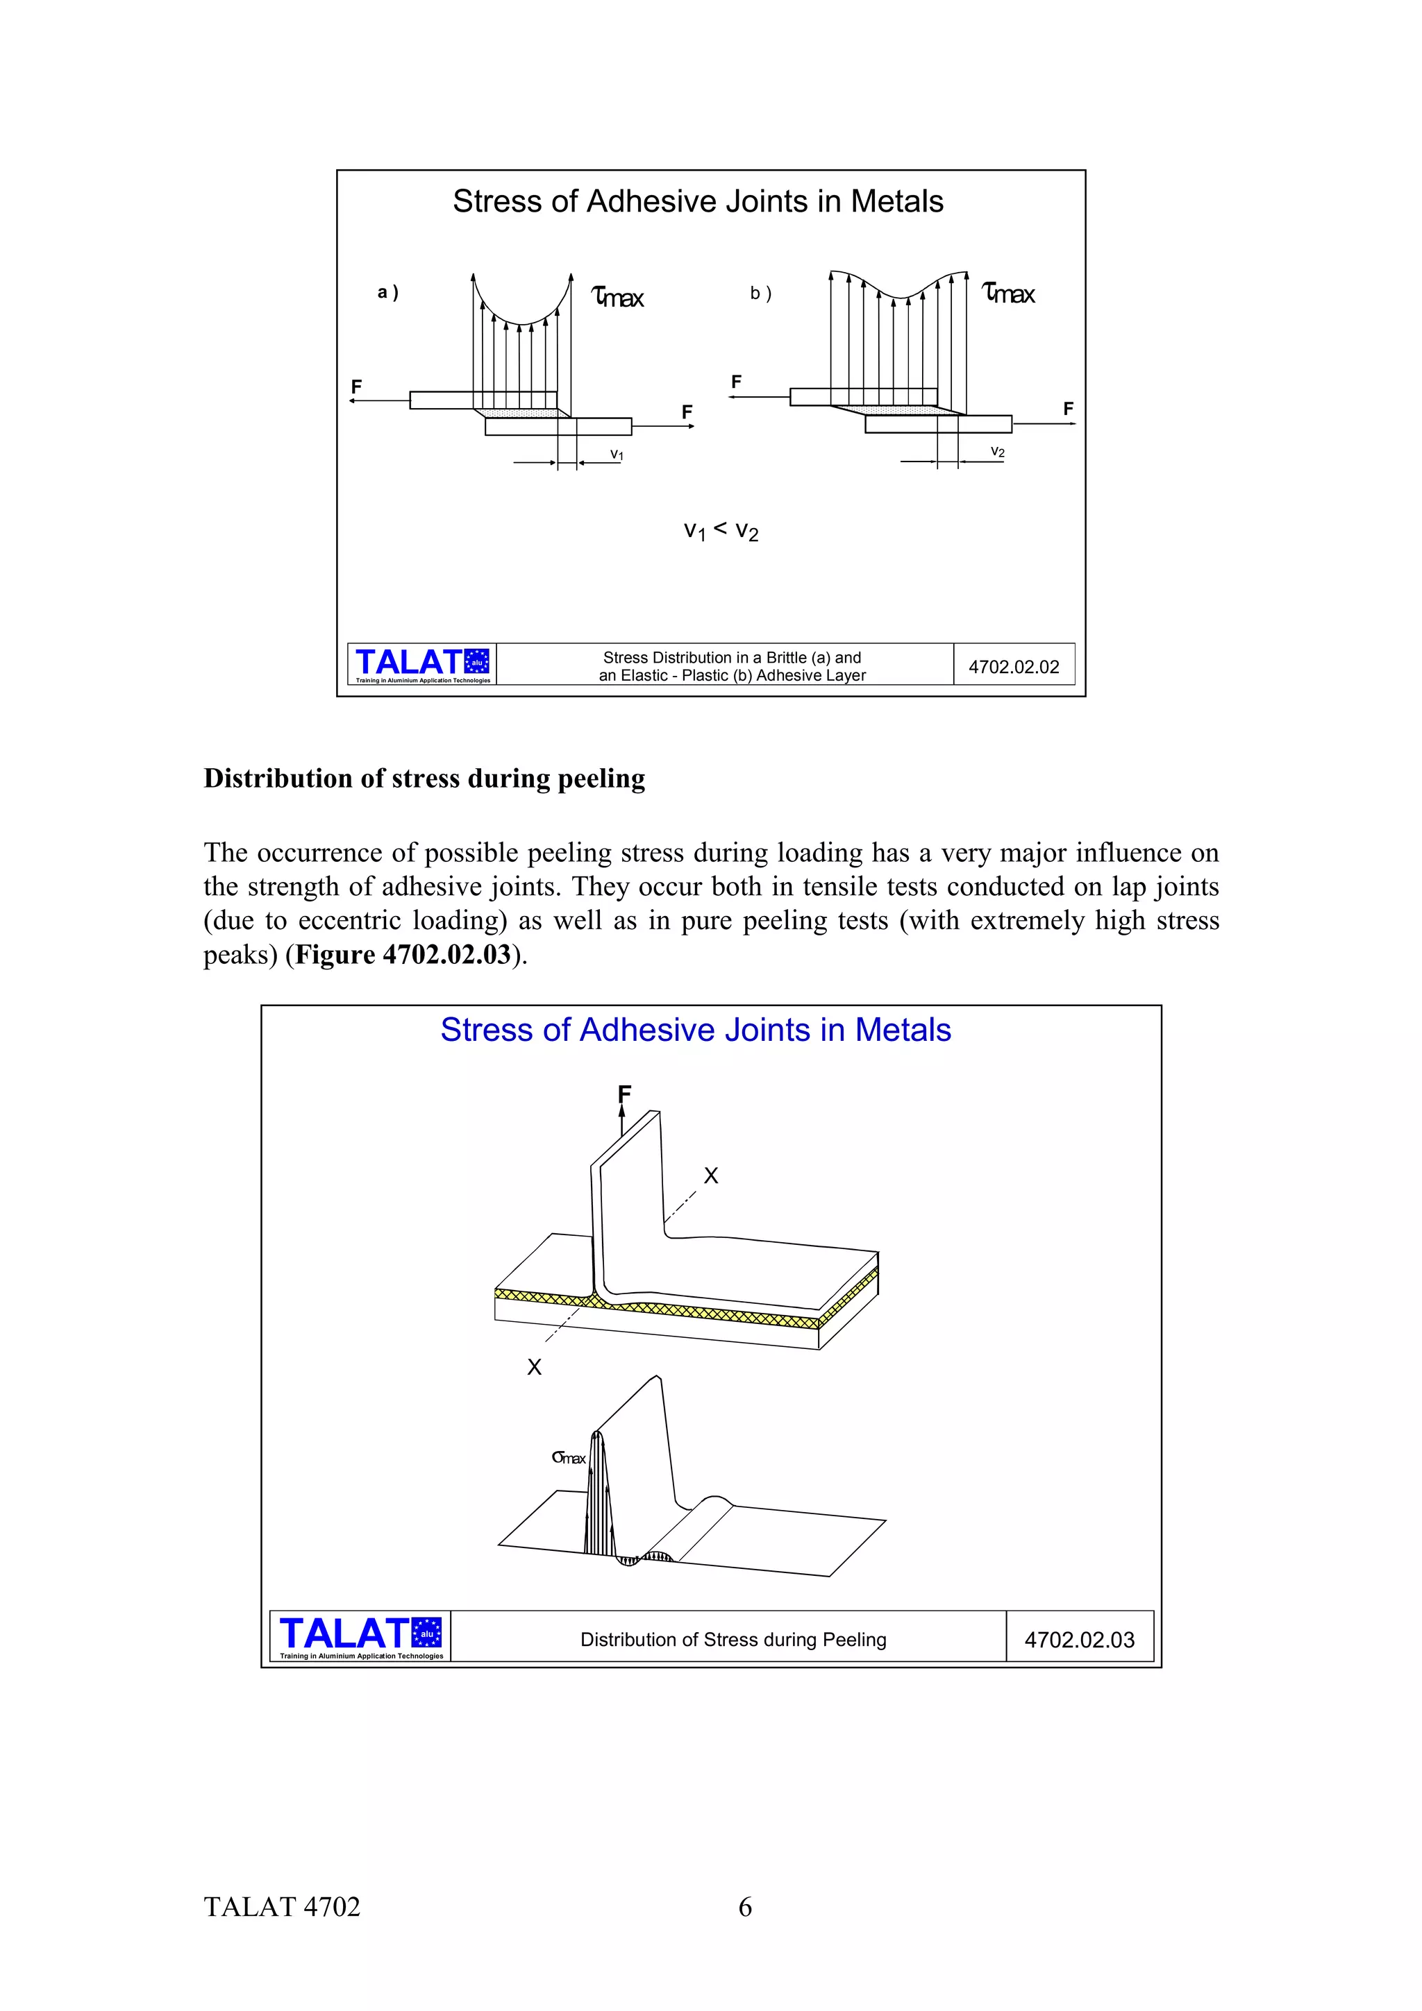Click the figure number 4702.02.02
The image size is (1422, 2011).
point(1013,667)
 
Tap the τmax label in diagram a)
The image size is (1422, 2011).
point(619,298)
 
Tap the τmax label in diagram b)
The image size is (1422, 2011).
point(1008,294)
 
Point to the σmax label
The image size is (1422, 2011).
point(569,1457)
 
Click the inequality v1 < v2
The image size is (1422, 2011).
point(720,530)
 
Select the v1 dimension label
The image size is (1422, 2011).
point(617,455)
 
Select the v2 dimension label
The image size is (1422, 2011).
point(997,452)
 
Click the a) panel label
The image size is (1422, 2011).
point(387,293)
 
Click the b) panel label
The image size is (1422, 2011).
point(760,294)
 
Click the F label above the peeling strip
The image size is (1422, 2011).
point(624,1093)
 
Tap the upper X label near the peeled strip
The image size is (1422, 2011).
point(710,1176)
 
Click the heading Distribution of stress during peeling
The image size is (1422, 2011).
point(424,778)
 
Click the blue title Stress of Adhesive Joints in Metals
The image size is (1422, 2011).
point(695,1030)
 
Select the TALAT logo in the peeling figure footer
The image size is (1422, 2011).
point(360,1636)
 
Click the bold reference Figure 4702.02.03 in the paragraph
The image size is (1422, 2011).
point(402,954)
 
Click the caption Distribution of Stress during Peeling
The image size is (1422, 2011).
point(733,1640)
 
